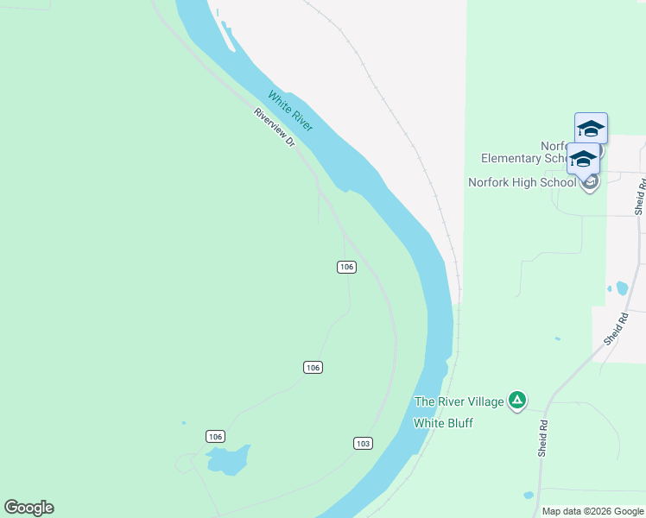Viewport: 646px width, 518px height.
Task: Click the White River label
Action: point(290,111)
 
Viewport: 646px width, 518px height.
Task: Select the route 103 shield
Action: point(363,443)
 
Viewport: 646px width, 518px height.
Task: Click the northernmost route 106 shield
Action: point(346,267)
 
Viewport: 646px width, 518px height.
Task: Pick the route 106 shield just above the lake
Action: point(215,436)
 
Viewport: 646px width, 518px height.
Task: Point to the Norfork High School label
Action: point(522,182)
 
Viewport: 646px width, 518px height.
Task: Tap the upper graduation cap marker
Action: point(591,129)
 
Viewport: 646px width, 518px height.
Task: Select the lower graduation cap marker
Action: point(583,160)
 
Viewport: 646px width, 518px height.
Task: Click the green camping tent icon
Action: point(517,400)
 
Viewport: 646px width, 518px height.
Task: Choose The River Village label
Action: point(458,401)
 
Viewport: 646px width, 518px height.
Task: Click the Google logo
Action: point(28,508)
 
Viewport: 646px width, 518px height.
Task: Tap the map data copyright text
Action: point(592,511)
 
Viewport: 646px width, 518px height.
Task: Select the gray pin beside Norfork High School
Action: point(590,182)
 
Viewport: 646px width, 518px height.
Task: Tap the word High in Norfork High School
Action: point(532,182)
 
